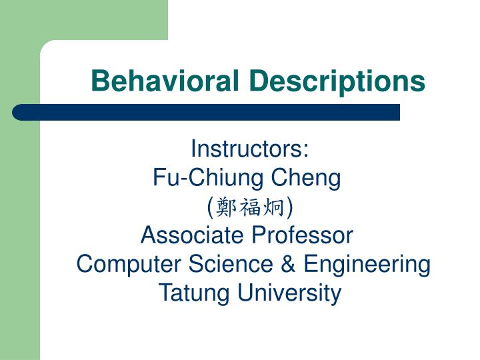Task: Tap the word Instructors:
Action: [250, 149]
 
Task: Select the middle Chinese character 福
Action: [250, 207]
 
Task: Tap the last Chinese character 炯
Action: [274, 207]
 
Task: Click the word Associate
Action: [193, 235]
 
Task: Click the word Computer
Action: [119, 264]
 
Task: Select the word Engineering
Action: [367, 264]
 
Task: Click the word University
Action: [287, 293]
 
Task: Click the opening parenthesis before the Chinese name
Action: [211, 207]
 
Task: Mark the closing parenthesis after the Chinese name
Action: [289, 207]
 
